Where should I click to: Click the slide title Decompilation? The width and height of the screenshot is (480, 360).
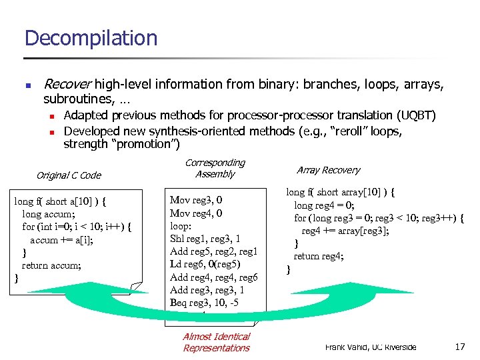(x=91, y=38)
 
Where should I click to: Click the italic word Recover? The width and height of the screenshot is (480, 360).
(x=67, y=85)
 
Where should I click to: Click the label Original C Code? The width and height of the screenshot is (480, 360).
(x=69, y=175)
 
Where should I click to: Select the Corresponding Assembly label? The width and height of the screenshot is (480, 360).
(x=215, y=168)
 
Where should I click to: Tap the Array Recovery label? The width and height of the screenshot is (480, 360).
(x=328, y=170)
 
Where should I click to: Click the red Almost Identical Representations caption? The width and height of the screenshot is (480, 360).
(x=216, y=342)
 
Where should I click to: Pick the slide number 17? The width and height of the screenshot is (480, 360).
(x=460, y=347)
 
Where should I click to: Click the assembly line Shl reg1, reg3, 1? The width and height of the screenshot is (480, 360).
(x=205, y=239)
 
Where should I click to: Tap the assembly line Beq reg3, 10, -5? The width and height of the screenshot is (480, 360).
(x=204, y=303)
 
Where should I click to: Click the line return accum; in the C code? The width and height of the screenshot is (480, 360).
(x=51, y=265)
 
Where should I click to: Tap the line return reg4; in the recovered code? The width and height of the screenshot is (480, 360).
(x=319, y=256)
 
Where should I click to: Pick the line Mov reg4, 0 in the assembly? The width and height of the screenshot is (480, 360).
(x=196, y=213)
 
